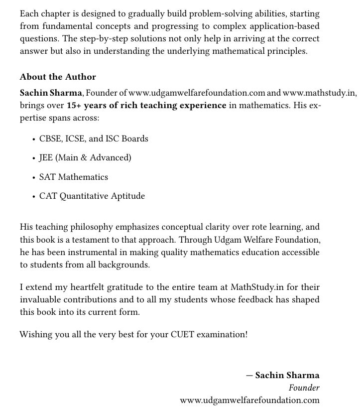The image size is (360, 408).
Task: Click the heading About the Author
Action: click(x=58, y=77)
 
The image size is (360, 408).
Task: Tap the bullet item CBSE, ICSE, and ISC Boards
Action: click(x=94, y=138)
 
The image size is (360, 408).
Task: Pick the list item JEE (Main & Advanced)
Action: click(x=85, y=157)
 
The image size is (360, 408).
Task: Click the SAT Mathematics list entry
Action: click(x=74, y=177)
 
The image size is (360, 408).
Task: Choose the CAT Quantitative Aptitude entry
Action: click(x=92, y=196)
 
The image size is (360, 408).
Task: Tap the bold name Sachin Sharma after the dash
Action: click(x=287, y=375)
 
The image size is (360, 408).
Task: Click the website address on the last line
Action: click(x=249, y=400)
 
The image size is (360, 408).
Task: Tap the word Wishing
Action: click(x=35, y=334)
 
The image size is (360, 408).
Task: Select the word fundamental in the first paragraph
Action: click(x=64, y=26)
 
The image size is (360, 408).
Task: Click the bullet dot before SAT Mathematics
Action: click(x=33, y=177)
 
